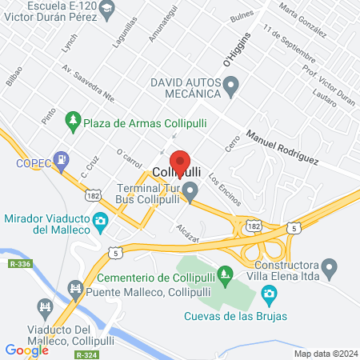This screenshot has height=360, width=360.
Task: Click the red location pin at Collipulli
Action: (180, 162)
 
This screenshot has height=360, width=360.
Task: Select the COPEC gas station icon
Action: (61, 160)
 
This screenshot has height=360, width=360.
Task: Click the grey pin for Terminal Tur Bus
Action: (190, 191)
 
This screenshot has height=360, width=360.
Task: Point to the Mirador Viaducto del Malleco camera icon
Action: (101, 220)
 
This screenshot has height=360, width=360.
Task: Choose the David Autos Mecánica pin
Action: (231, 83)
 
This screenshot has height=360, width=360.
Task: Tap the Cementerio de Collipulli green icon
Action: (226, 278)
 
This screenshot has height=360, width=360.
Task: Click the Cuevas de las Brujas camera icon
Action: (270, 297)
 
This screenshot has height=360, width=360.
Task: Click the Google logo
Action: (27, 350)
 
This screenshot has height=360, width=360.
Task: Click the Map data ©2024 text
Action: (325, 353)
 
